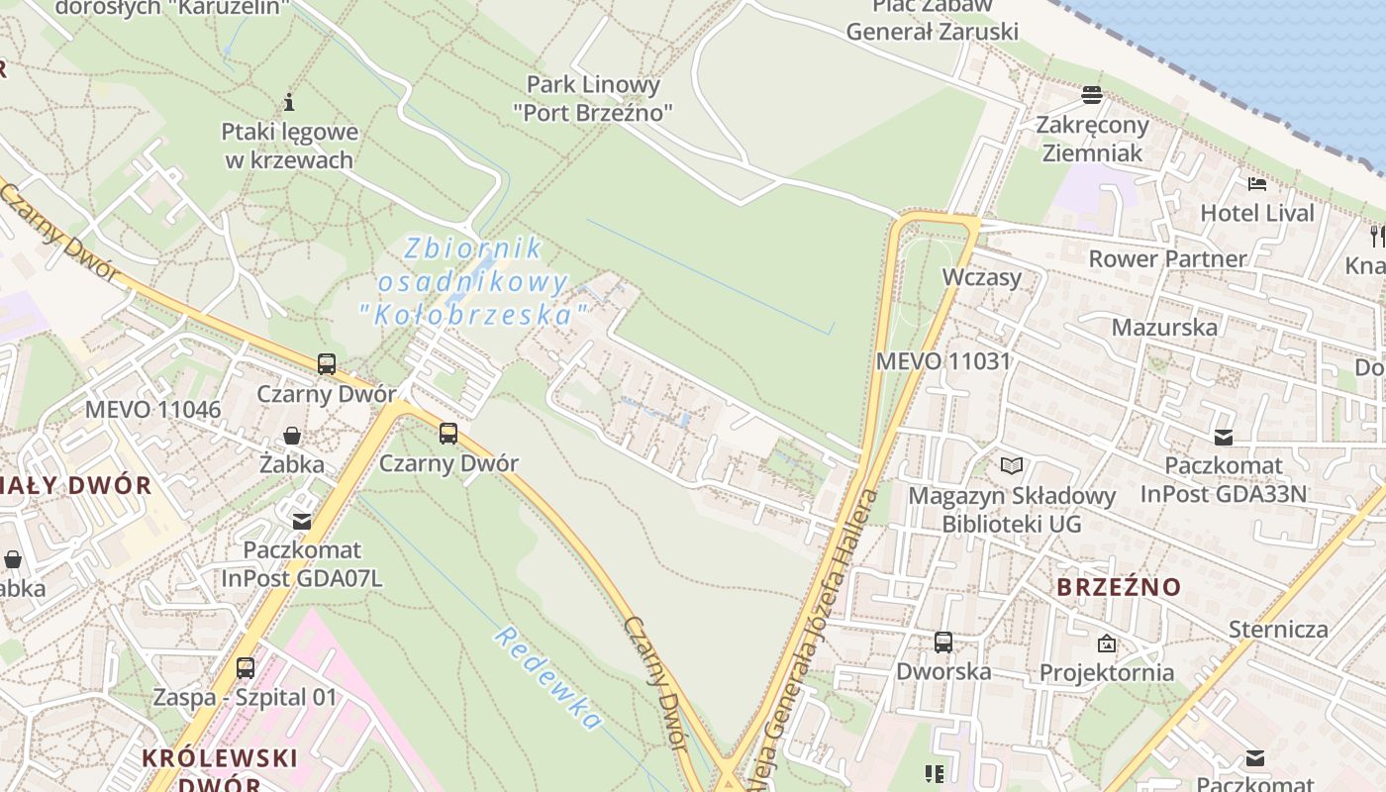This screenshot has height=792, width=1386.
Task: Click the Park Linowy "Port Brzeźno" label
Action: pos(593,98)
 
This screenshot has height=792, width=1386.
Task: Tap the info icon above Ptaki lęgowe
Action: pos(289,101)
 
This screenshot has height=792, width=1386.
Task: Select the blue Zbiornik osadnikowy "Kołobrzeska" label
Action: pos(474,281)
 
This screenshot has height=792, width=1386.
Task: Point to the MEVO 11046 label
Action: pos(152,409)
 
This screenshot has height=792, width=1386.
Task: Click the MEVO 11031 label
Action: pos(942,360)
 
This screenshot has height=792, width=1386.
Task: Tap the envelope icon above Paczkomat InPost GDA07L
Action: pos(301,521)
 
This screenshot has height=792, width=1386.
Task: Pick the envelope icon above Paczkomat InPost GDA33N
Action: pos(1224,437)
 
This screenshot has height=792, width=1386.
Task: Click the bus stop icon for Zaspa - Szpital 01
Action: pos(246,668)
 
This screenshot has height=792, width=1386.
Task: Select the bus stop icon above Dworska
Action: pos(943,643)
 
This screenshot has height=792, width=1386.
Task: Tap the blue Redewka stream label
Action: pos(547,679)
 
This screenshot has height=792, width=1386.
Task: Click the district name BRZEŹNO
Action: pos(1119,587)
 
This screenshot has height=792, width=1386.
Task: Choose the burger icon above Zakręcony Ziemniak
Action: pos(1092,95)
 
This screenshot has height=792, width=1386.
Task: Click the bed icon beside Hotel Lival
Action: pos(1257,184)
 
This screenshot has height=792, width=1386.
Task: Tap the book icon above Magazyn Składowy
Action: pos(1011,465)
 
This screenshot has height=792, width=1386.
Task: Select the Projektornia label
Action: pos(1107,672)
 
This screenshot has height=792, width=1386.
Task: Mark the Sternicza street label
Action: pos(1278,629)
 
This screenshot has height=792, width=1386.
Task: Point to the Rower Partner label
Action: pos(1167,258)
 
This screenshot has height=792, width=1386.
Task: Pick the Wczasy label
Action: pos(981,276)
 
